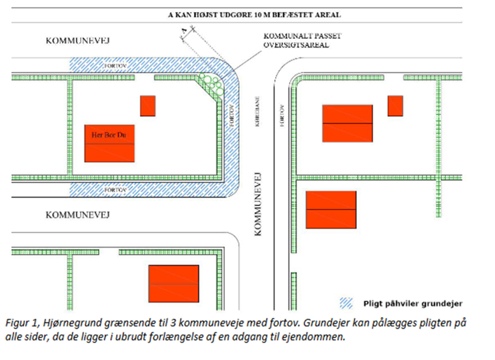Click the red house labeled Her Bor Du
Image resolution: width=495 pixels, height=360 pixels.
(110, 143)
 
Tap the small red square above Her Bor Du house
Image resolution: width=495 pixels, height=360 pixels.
(147, 106)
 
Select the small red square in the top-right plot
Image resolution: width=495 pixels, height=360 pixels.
(395, 106)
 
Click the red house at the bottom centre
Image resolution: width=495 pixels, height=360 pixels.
(174, 283)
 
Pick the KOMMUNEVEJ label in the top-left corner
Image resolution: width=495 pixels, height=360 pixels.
(77, 41)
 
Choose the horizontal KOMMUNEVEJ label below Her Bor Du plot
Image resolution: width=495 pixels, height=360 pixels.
(77, 215)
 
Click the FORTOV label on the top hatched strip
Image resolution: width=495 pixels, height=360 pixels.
(114, 66)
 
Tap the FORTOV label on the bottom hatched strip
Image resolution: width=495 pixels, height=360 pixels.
(114, 188)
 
